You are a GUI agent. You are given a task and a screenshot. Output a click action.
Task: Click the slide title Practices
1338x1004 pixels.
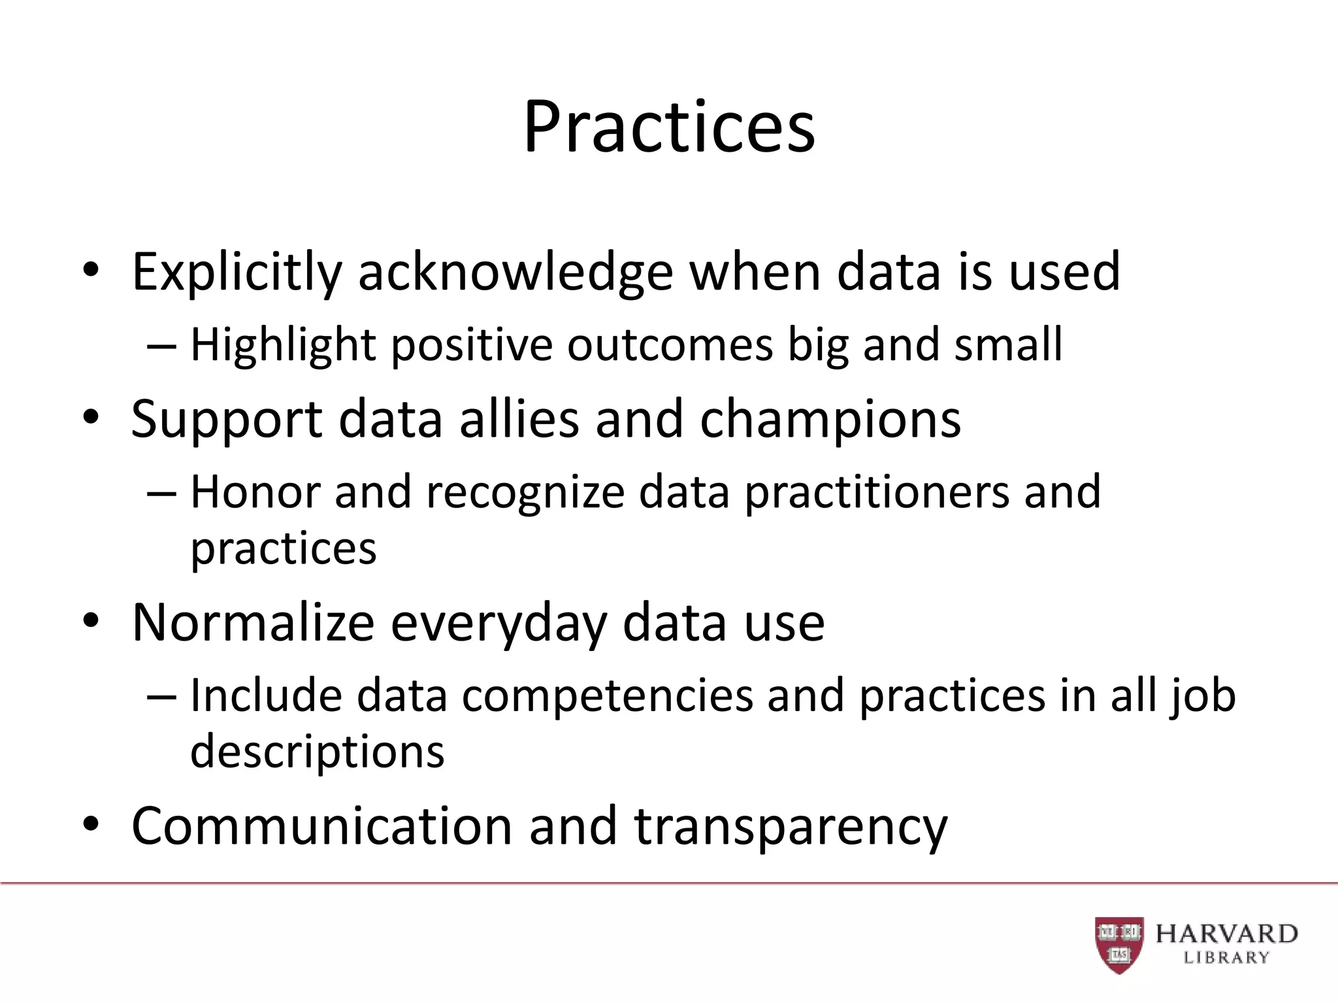tap(669, 127)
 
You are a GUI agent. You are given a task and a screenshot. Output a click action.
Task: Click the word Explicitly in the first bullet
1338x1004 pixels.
tap(237, 273)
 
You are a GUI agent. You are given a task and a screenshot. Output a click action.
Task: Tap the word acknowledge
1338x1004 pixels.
tap(515, 273)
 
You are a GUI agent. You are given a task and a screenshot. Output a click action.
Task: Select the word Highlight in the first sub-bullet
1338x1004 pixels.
tap(283, 345)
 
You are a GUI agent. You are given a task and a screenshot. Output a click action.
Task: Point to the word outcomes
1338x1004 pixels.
tap(670, 345)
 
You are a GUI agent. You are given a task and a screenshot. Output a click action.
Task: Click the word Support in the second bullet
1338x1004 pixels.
tap(226, 420)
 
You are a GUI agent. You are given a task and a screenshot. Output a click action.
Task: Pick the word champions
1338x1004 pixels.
tap(830, 420)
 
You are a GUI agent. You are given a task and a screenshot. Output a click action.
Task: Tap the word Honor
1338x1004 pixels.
tap(255, 492)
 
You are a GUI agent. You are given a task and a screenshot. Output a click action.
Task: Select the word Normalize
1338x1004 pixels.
tap(253, 623)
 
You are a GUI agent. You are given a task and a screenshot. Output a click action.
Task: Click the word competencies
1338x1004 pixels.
tap(608, 696)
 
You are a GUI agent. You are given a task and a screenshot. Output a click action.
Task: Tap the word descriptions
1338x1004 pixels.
tap(317, 752)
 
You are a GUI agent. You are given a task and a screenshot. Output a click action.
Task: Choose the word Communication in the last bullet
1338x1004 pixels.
tap(322, 826)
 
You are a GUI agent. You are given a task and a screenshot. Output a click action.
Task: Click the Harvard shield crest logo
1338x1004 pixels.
tap(1119, 945)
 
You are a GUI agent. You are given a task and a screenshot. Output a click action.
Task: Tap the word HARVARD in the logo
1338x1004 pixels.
tap(1226, 934)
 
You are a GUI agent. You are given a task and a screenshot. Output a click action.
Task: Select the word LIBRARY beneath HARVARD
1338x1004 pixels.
tap(1226, 958)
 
